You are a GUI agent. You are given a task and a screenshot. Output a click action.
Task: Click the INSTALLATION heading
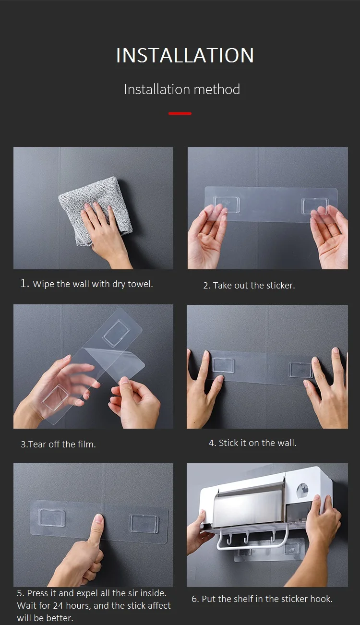[185, 55]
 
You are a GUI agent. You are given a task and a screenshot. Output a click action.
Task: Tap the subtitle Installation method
[182, 89]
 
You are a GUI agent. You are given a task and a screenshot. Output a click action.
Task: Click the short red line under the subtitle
[180, 114]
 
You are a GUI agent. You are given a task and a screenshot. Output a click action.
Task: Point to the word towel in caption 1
[140, 284]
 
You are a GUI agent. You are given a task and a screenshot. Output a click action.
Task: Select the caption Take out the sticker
[249, 286]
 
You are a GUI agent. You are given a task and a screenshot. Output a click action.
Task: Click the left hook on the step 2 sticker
[226, 204]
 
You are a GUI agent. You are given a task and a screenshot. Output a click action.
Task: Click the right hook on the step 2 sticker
[315, 206]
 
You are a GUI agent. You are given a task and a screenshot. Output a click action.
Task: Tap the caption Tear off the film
[59, 444]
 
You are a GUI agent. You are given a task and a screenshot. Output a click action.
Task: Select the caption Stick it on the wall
[252, 443]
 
